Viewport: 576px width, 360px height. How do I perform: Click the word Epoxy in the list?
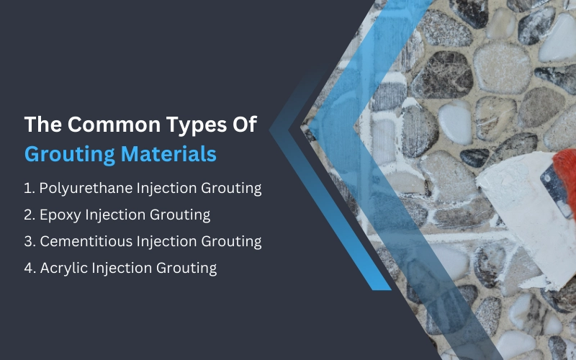coord(59,215)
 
